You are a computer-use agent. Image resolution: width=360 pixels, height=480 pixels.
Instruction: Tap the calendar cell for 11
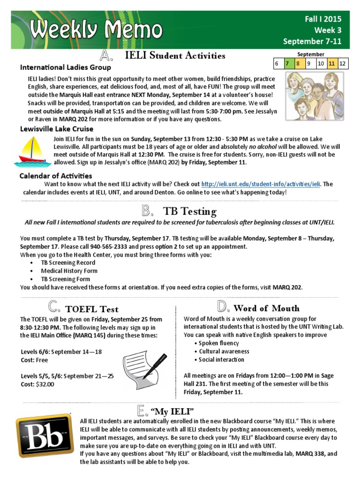tap(332, 63)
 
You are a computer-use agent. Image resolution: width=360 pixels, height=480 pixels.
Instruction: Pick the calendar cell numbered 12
tap(343, 63)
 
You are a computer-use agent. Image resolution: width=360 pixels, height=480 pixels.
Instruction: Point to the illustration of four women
tap(315, 96)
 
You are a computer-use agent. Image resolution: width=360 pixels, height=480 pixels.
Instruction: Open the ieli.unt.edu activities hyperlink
tap(261, 184)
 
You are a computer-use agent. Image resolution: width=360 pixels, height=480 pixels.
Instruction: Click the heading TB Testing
tap(189, 211)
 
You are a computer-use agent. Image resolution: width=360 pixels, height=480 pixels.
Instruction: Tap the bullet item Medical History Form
tap(69, 270)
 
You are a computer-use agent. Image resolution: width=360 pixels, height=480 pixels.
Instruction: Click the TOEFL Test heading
tap(92, 309)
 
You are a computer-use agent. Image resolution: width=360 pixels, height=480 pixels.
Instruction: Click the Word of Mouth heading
tap(266, 308)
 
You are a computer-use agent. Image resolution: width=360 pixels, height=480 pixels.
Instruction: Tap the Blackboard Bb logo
tap(43, 438)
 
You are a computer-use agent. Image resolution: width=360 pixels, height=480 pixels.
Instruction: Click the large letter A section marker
tap(107, 56)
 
